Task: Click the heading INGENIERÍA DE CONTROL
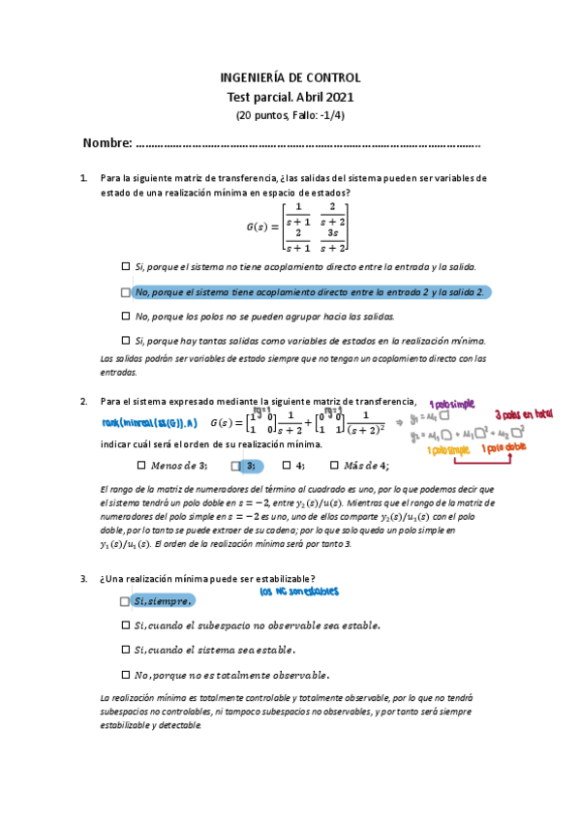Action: [290, 77]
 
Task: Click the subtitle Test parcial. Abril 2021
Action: [290, 97]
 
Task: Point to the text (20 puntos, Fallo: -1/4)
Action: [290, 115]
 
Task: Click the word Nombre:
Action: [107, 143]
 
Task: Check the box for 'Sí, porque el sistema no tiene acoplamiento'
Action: [126, 266]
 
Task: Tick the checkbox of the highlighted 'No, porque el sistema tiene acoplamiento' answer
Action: [126, 291]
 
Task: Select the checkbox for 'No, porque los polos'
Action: [126, 316]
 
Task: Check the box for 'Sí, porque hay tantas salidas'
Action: [126, 340]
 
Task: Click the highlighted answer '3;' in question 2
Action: [249, 466]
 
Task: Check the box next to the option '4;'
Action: [287, 465]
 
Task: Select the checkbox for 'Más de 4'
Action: [335, 465]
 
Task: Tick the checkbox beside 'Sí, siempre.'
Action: [126, 601]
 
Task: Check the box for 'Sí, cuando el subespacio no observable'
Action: [126, 625]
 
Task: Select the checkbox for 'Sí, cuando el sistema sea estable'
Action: [126, 650]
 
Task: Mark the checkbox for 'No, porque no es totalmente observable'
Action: [126, 675]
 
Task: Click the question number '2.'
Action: [85, 402]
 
